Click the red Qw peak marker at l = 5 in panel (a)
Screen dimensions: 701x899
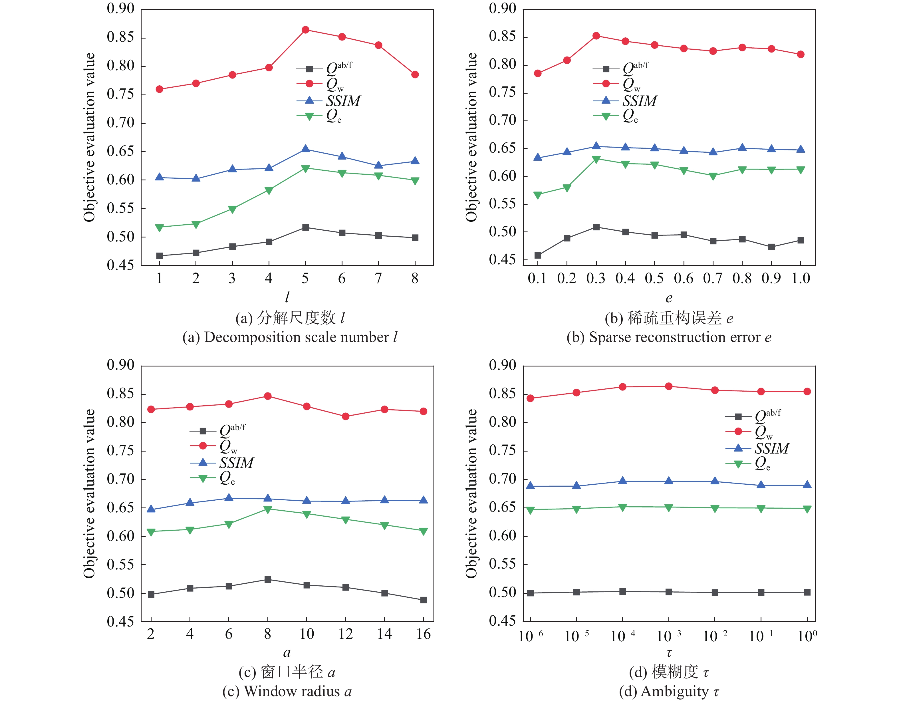[305, 30]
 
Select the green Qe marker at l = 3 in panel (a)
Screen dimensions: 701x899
[232, 209]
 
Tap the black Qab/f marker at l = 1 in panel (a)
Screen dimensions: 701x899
[159, 256]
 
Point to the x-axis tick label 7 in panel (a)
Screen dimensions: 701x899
[378, 279]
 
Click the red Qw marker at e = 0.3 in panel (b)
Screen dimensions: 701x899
[596, 36]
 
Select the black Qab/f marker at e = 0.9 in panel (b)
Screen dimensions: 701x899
[771, 247]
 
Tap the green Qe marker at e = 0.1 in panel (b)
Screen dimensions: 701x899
[538, 195]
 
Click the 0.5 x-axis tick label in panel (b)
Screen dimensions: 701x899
[654, 279]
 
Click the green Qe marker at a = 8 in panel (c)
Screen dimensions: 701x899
[268, 509]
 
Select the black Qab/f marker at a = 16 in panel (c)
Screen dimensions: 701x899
[423, 600]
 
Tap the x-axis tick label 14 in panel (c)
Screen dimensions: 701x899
[384, 634]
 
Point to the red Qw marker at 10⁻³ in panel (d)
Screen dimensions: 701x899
[669, 386]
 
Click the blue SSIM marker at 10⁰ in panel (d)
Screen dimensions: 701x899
[807, 485]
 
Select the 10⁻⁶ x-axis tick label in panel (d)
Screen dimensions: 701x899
[531, 636]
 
